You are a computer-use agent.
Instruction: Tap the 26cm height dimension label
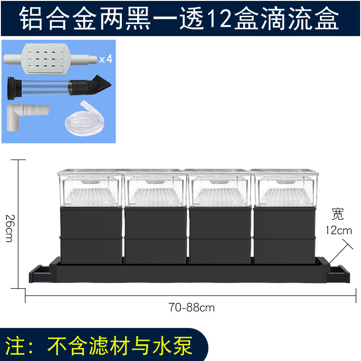tap(9, 228)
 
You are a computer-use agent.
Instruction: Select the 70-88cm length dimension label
tap(192, 308)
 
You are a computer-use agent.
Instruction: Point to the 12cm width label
tap(338, 230)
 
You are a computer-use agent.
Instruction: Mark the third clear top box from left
tap(220, 187)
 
